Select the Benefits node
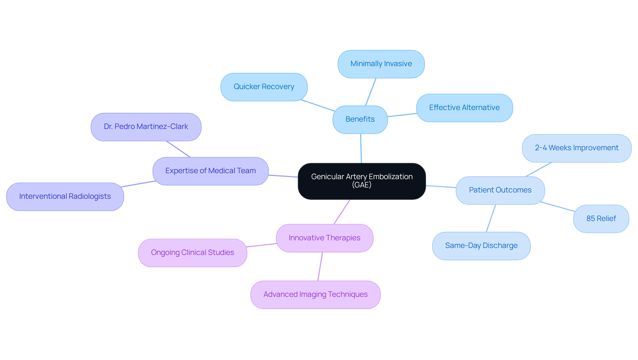(x=360, y=119)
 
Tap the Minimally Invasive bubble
(x=381, y=64)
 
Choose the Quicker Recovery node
(x=264, y=87)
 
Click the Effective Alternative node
(x=464, y=108)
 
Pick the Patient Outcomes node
(x=500, y=190)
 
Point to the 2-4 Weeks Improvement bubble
(x=577, y=148)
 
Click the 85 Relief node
(x=601, y=219)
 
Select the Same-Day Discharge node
(x=481, y=246)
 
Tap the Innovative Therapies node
(x=324, y=238)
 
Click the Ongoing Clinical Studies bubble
(x=192, y=253)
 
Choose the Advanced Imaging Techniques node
(x=315, y=295)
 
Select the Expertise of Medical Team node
(x=210, y=171)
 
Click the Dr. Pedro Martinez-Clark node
(x=146, y=127)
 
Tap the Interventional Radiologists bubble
(x=65, y=196)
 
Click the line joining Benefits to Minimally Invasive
(x=371, y=92)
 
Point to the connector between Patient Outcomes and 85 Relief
(x=557, y=206)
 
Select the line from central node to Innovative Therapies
(x=342, y=212)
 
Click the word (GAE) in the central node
(x=362, y=185)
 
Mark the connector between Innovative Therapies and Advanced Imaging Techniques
(x=320, y=266)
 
